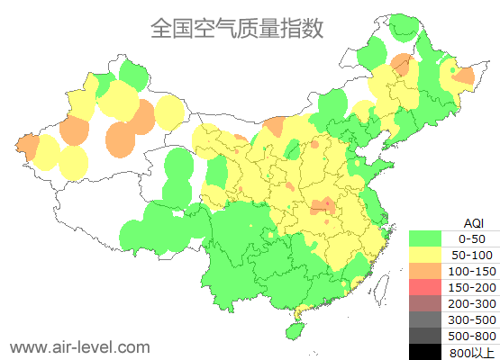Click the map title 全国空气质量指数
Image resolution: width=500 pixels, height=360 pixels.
click(x=236, y=28)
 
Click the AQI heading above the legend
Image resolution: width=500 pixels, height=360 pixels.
click(x=472, y=222)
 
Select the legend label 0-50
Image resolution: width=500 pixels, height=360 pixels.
click(x=472, y=238)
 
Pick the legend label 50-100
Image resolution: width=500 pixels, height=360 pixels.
click(x=472, y=255)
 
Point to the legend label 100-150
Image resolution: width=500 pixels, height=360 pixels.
click(x=472, y=271)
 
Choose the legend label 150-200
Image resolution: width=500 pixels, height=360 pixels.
click(x=472, y=287)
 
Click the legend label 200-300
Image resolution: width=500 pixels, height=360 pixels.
click(x=472, y=303)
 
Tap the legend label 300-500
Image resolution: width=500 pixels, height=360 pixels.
click(x=472, y=319)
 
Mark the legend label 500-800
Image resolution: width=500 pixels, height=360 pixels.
click(x=472, y=336)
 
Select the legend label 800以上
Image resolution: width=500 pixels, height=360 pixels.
click(x=472, y=352)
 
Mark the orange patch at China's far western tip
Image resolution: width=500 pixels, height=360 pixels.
click(x=26, y=146)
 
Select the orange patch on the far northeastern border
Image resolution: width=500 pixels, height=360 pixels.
click(x=464, y=77)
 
